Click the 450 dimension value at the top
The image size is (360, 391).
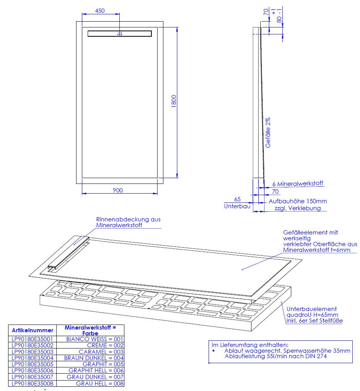100,11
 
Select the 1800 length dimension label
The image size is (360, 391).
174,101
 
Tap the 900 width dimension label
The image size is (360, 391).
118,190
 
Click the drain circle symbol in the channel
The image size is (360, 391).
120,34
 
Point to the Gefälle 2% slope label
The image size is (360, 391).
268,133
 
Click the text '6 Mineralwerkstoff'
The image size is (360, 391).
298,184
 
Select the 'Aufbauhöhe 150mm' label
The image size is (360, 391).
298,201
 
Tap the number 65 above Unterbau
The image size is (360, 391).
237,199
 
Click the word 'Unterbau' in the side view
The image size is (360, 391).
237,206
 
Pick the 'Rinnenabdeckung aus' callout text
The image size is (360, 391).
128,219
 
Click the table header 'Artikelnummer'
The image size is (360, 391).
33,330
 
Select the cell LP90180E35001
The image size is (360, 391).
32,339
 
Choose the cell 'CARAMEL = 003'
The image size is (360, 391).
101,352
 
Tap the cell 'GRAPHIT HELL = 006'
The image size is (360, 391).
96,371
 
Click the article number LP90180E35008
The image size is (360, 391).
32,384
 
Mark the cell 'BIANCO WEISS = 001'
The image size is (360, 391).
95,339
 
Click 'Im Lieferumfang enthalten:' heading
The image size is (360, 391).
250,345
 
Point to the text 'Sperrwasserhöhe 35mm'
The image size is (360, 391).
317,350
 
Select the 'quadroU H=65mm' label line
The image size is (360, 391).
312,315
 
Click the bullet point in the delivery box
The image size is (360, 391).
213,351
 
